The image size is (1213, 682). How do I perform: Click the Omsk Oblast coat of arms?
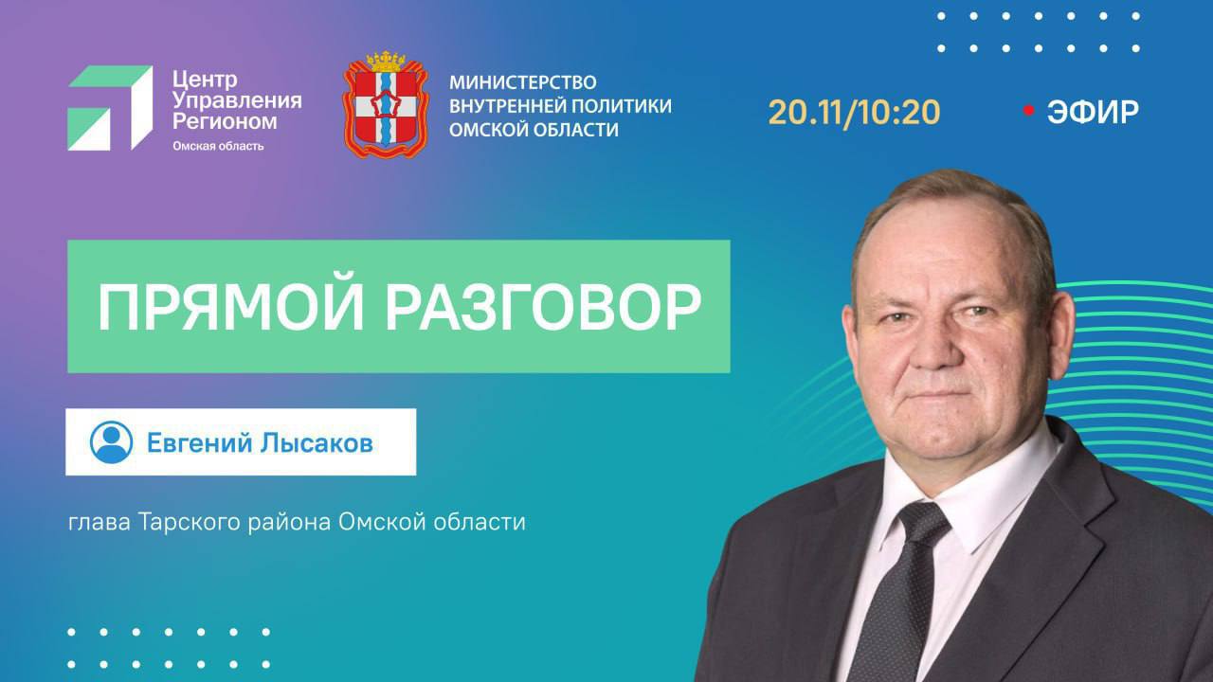coord(385,106)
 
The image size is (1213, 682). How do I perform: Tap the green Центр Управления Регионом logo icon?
coord(109,107)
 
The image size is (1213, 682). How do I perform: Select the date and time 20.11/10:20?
coord(854,112)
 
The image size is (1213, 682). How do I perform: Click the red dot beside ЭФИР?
coord(1028,111)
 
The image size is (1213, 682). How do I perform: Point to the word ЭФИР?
coord(1093,112)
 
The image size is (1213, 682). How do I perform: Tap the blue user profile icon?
coord(111,442)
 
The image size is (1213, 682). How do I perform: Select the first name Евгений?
coord(195,442)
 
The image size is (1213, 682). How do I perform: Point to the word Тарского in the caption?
coord(181,522)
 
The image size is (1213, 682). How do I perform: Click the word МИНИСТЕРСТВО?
coord(522,82)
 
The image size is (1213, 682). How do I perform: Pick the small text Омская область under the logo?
coord(217,146)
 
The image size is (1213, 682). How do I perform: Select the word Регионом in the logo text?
coord(225,121)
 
